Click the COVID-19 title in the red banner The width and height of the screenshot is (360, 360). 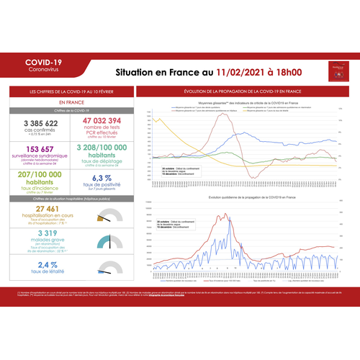43,63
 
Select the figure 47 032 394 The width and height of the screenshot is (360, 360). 102,120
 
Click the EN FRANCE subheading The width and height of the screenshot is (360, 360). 71,103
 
